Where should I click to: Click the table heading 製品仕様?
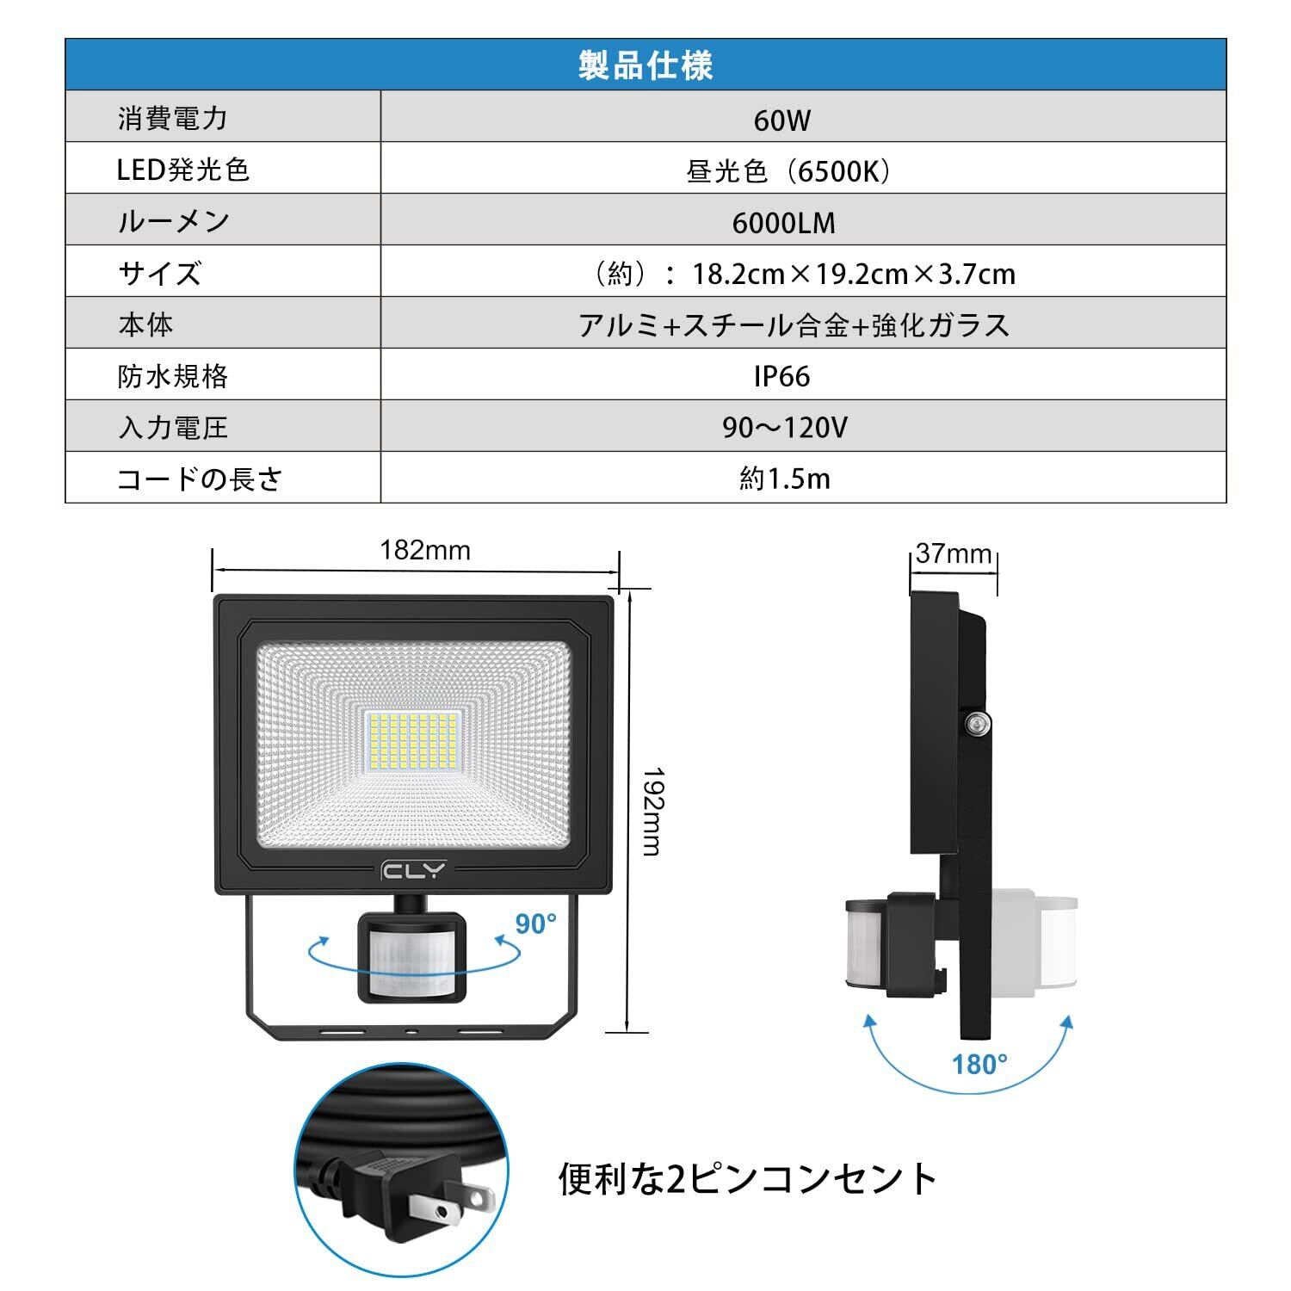(645, 65)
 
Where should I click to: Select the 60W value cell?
(781, 120)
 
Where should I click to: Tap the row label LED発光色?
(182, 170)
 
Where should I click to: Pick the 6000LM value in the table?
(783, 223)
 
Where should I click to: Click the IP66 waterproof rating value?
(781, 376)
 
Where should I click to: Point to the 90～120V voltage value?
(784, 427)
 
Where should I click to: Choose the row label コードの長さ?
(200, 479)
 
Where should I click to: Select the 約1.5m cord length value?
(784, 479)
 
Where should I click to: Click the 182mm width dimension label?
(425, 550)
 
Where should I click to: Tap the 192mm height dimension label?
(651, 811)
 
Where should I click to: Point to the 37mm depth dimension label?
(954, 553)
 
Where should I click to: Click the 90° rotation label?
(535, 924)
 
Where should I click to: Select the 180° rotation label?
(979, 1065)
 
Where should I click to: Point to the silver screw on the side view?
(974, 725)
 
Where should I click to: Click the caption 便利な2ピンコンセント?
(747, 1178)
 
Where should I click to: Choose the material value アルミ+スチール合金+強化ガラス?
(794, 325)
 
